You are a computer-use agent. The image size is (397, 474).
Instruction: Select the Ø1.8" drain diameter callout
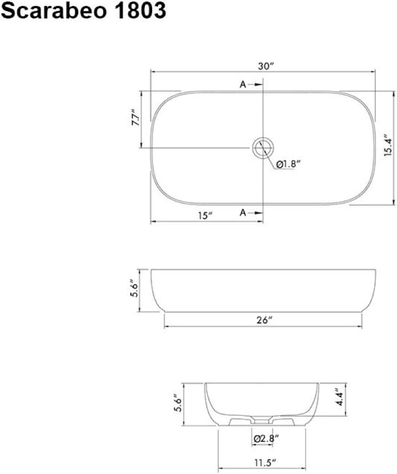click(x=288, y=164)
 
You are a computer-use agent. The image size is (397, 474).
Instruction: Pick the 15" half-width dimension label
click(x=207, y=215)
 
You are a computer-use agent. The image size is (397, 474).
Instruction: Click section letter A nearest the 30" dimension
click(x=243, y=84)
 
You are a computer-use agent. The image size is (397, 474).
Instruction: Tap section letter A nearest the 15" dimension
click(x=243, y=213)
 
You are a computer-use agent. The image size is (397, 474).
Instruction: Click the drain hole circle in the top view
click(x=263, y=148)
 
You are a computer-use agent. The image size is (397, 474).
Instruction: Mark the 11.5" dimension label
click(x=263, y=462)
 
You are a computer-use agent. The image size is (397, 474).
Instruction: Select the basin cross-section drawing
click(x=263, y=402)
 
